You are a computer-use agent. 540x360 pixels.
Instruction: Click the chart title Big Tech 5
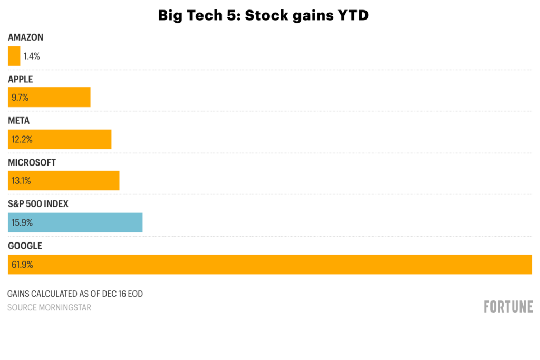point(263,16)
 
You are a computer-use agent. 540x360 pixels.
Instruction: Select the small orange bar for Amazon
point(14,56)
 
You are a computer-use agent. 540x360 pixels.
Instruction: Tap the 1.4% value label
point(32,56)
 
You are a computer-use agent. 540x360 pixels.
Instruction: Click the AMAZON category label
point(25,37)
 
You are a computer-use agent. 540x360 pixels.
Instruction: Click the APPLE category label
point(21,79)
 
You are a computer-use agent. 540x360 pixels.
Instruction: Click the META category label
point(18,121)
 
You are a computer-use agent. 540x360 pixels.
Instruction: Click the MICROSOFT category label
point(32,162)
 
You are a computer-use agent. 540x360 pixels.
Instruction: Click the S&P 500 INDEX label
point(38,204)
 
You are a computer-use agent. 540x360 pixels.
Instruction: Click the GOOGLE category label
point(25,246)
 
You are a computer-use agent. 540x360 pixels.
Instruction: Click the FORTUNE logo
point(508,306)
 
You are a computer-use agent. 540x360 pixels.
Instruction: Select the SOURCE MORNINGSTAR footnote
point(49,307)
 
